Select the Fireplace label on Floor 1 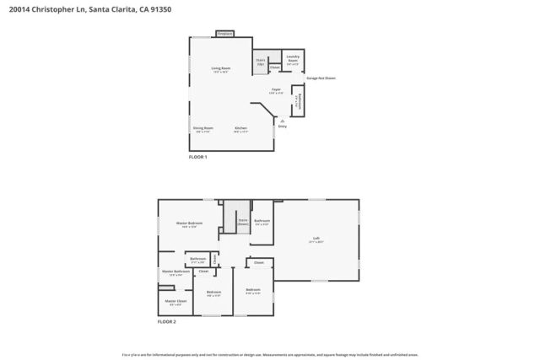tap(224, 34)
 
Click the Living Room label tap(221, 68)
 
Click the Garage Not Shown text tap(321, 78)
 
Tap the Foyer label tap(276, 89)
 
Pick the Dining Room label tap(204, 128)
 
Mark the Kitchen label tap(240, 128)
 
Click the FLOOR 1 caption tap(197, 157)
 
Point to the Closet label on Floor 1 tap(275, 67)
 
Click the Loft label tap(316, 239)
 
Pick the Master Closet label tap(175, 301)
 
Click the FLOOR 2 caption tap(167, 321)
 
